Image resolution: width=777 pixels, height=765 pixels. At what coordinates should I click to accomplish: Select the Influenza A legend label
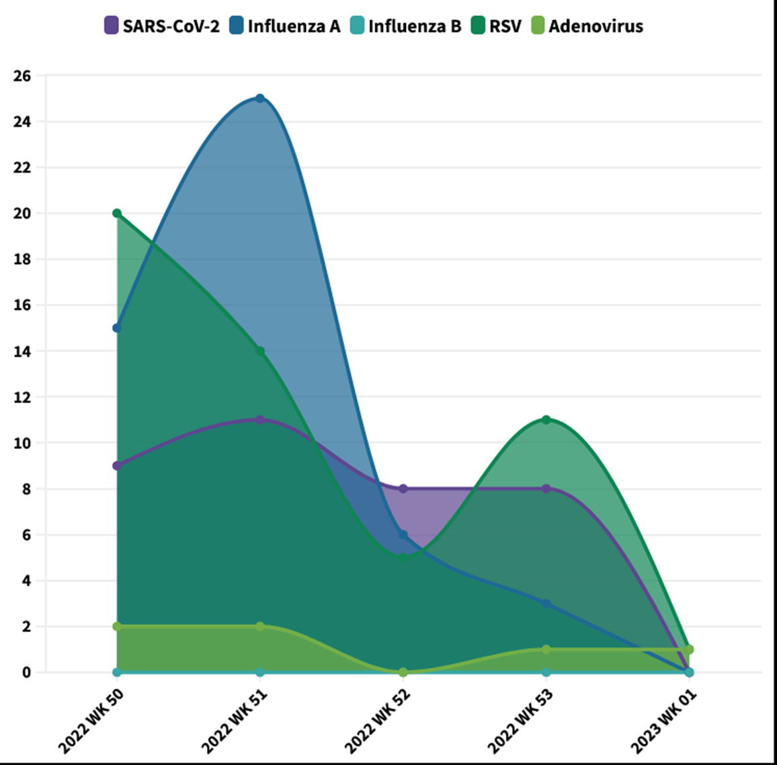[285, 26]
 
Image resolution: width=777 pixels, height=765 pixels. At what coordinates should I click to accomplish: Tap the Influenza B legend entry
[406, 26]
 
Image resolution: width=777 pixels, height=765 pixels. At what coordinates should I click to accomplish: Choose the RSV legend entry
[497, 26]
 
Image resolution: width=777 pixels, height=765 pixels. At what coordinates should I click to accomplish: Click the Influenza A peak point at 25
[260, 98]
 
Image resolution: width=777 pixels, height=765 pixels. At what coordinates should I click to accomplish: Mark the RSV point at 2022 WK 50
[117, 213]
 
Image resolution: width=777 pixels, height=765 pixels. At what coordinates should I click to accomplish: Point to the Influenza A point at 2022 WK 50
[117, 328]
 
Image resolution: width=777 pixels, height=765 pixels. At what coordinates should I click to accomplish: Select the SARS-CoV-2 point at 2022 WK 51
[260, 419]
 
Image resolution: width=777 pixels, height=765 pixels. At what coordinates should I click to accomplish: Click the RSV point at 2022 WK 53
[546, 419]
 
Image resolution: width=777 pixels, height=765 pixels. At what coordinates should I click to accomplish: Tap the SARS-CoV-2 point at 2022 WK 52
[403, 489]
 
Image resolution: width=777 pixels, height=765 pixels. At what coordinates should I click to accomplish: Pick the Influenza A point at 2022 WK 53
[546, 604]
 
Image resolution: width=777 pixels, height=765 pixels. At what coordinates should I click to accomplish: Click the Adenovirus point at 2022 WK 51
[260, 627]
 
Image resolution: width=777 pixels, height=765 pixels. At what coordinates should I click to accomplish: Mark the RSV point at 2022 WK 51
[260, 351]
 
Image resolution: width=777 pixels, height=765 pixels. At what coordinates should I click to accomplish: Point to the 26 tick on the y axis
[22, 76]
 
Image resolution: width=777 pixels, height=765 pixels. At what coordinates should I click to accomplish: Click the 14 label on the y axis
[22, 352]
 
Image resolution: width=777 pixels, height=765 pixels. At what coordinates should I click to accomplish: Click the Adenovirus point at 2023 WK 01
[689, 649]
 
